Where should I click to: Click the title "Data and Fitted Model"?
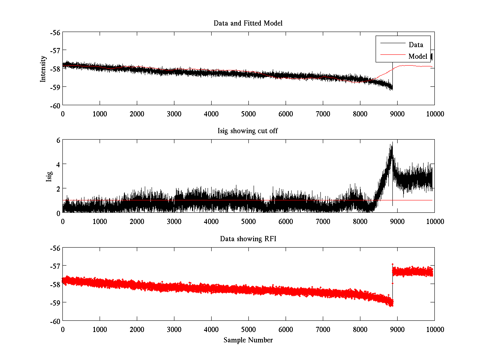[248, 23]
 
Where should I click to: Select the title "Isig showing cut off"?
[248, 131]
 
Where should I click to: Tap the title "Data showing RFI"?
[248, 239]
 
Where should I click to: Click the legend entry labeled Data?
[416, 45]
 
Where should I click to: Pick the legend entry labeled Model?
[418, 56]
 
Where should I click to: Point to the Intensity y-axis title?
[43, 69]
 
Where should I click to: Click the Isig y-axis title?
[49, 176]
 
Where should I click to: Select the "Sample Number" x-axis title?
[248, 340]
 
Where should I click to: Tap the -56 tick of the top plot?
[55, 32]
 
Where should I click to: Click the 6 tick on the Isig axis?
[58, 140]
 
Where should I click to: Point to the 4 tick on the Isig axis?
[58, 164]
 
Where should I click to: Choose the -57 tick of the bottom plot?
[55, 266]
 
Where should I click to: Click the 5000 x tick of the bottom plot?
[248, 329]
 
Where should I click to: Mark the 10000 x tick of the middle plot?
[434, 221]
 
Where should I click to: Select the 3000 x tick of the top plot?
[174, 114]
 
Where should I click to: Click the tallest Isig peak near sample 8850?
[392, 142]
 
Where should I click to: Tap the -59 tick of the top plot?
[55, 87]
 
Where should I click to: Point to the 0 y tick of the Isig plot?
[58, 212]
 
